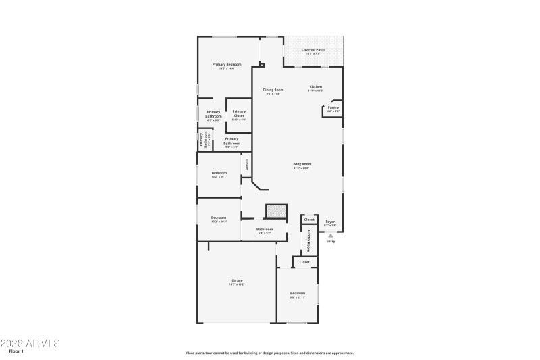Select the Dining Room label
pyautogui.click(x=273, y=90)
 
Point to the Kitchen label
pyautogui.click(x=316, y=86)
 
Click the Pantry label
pyautogui.click(x=333, y=107)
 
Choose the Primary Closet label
pyautogui.click(x=239, y=113)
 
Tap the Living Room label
pyautogui.click(x=301, y=164)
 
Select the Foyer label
pyautogui.click(x=330, y=221)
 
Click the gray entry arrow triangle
pyautogui.click(x=330, y=235)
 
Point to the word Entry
pyautogui.click(x=330, y=241)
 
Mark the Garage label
pyautogui.click(x=237, y=280)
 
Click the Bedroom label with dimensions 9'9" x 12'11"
pyautogui.click(x=298, y=293)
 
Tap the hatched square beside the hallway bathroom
pyautogui.click(x=275, y=211)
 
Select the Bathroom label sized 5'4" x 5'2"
pyautogui.click(x=265, y=230)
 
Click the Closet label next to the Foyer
pyautogui.click(x=309, y=220)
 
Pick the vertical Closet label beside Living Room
pyautogui.click(x=247, y=164)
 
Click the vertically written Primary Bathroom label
pyautogui.click(x=201, y=139)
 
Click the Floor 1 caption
pyautogui.click(x=16, y=352)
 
